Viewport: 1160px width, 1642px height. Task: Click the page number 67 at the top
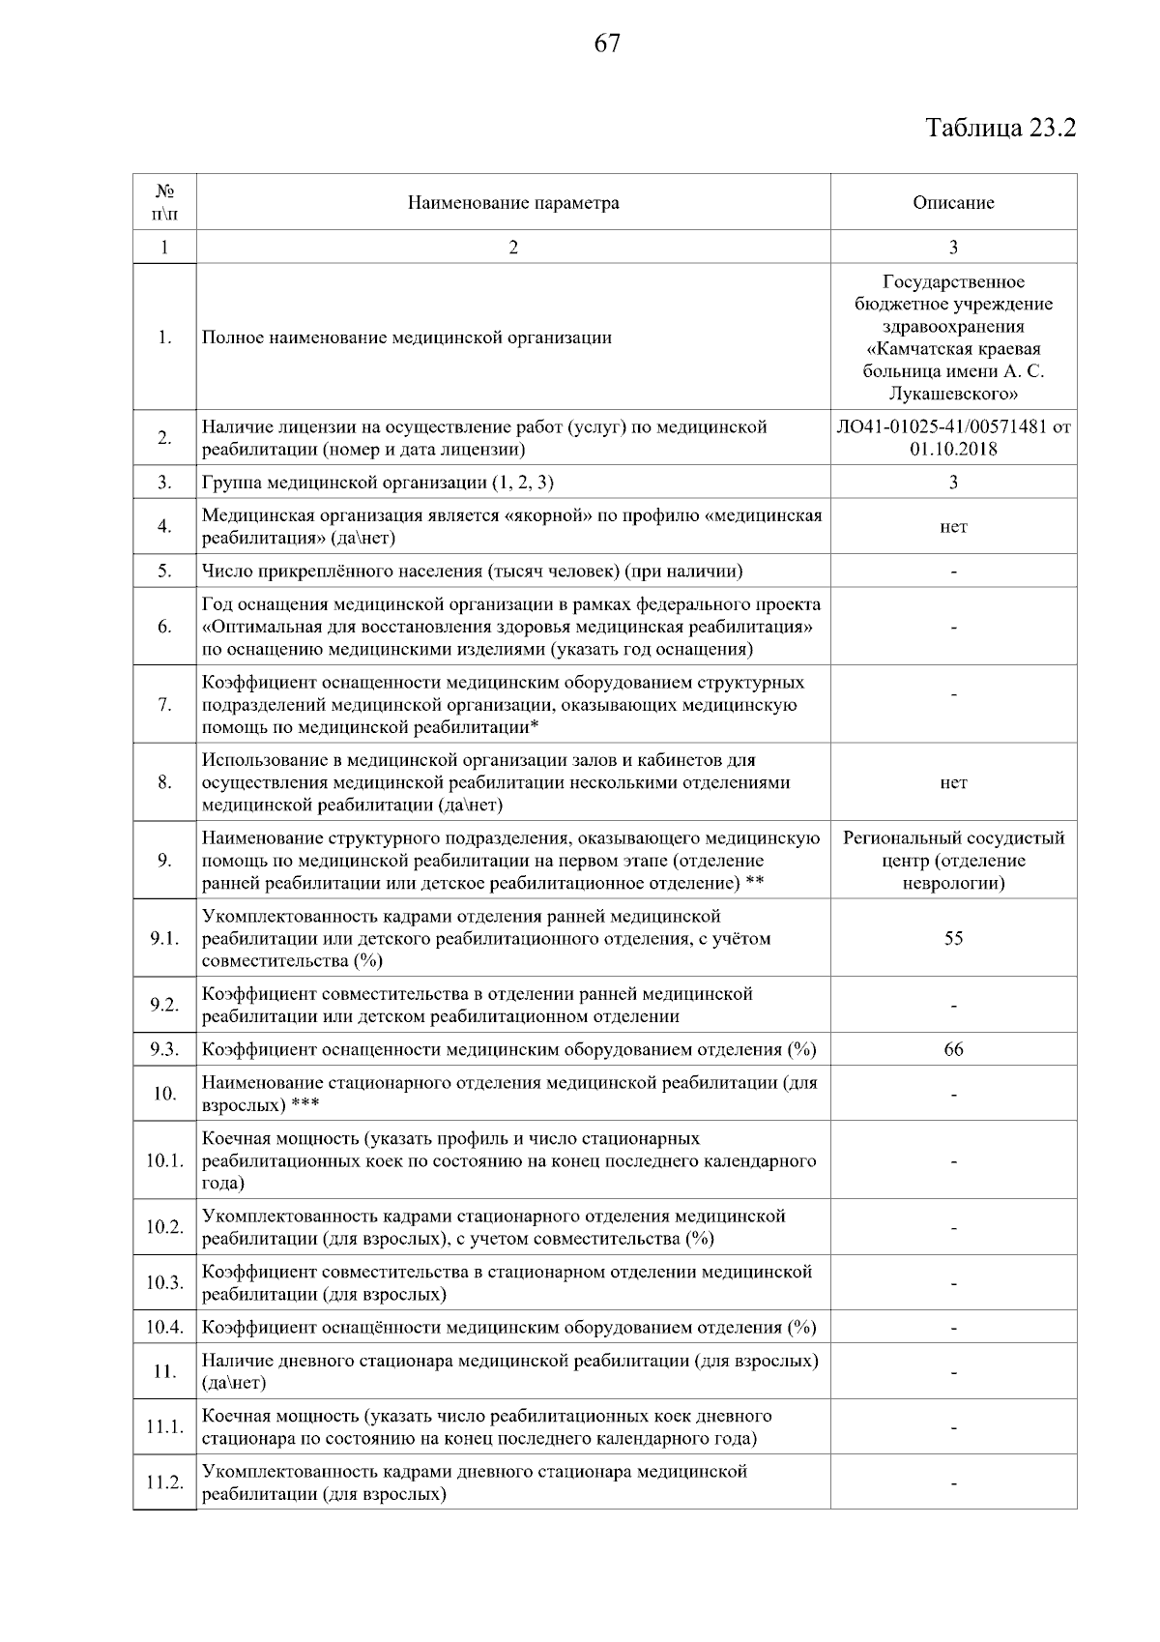[x=606, y=44]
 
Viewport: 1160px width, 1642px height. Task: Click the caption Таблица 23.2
[x=1000, y=129]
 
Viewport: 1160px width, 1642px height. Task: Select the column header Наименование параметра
[x=512, y=203]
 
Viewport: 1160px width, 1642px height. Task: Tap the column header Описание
[x=953, y=203]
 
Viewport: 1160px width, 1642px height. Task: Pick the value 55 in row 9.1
[x=953, y=939]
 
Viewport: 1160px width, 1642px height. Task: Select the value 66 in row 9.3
[x=953, y=1050]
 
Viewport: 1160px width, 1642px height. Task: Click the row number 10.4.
[x=164, y=1328]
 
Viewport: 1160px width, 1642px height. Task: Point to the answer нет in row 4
[x=953, y=527]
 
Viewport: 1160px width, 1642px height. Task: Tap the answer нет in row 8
[x=953, y=783]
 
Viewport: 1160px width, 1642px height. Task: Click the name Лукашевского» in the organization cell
[x=953, y=395]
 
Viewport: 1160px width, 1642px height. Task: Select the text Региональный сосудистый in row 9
[x=953, y=838]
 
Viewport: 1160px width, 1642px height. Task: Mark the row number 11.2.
[x=164, y=1482]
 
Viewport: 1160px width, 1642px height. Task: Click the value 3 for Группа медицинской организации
[x=953, y=483]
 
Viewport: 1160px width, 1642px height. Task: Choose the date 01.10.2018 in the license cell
[x=953, y=450]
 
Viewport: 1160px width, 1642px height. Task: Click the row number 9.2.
[x=164, y=1006]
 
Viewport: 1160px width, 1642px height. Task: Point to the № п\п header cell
[x=164, y=203]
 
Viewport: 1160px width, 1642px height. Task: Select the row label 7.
[x=164, y=705]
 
